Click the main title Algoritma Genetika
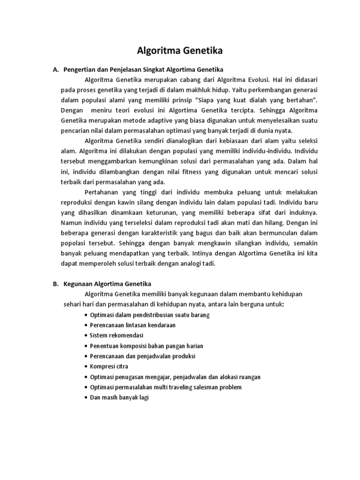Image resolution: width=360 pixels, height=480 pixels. point(180,50)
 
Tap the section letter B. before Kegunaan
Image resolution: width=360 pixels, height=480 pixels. point(55,284)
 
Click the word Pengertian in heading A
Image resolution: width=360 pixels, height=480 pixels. point(80,69)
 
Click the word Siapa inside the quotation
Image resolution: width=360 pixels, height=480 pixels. point(208,100)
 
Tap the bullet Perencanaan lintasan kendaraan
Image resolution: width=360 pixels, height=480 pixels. point(132,325)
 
